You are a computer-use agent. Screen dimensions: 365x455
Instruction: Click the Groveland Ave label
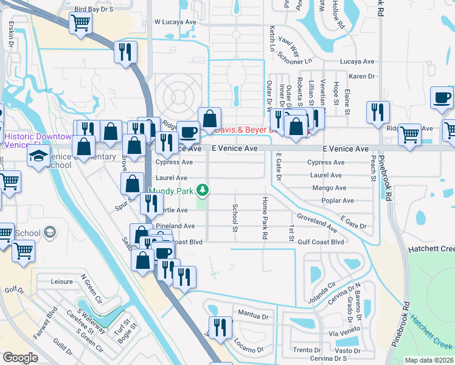(x=316, y=223)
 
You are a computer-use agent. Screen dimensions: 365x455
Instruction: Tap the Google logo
(x=20, y=357)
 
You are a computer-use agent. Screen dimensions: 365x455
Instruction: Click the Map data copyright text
(x=429, y=360)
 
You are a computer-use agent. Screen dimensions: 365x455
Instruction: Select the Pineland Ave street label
(x=175, y=226)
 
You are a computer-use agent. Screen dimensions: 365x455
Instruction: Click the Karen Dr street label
(x=362, y=76)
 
